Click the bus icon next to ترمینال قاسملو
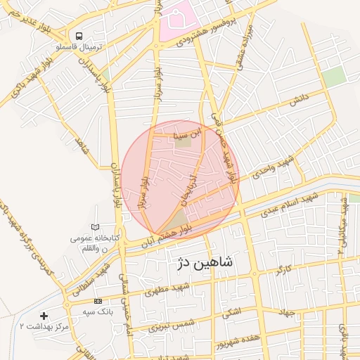click(79, 35)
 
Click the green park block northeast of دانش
click(334, 77)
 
